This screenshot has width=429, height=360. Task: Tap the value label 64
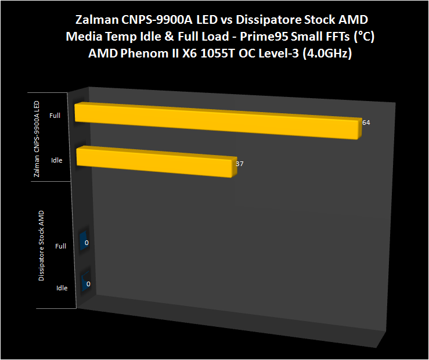pos(366,123)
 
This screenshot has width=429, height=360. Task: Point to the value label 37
pos(239,164)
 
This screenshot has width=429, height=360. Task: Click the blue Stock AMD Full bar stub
pos(85,240)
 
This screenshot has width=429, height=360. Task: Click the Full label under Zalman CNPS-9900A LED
pos(55,116)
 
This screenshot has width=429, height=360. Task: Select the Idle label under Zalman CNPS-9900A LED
pos(56,160)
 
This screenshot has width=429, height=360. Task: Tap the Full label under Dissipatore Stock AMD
pos(60,246)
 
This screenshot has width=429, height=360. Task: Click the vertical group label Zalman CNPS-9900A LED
pos(37,137)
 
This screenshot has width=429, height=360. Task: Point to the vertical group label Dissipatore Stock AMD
pos(41,246)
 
